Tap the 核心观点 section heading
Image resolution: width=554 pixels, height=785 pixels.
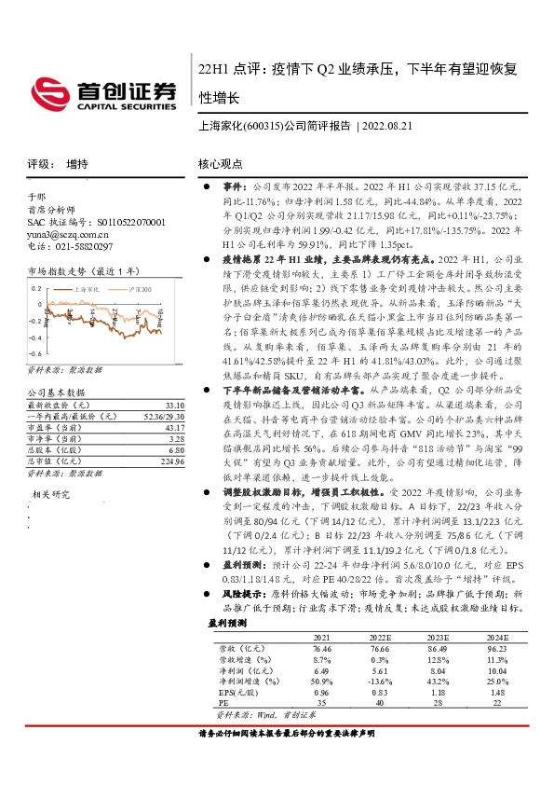(221, 163)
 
